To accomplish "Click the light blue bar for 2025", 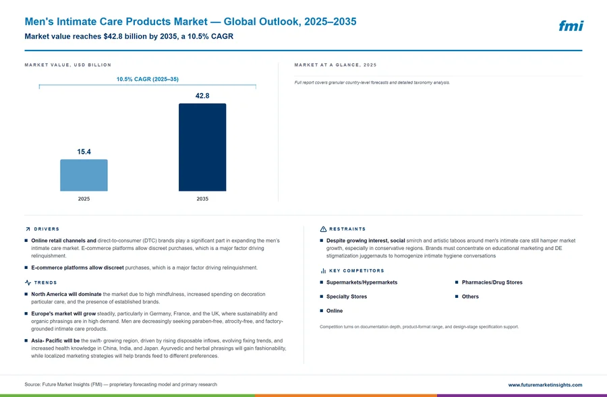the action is [x=84, y=175].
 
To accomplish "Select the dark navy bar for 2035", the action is [x=202, y=147].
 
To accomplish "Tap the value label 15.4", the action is [x=84, y=152].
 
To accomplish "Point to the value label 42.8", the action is [x=202, y=96].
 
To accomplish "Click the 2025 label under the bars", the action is [x=84, y=199].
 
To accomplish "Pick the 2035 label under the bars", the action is [x=202, y=199].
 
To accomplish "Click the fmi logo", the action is [x=571, y=26].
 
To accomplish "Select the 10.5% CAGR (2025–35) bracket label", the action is [x=148, y=79].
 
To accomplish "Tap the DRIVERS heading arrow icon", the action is [x=28, y=229].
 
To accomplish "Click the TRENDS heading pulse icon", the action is [x=28, y=283].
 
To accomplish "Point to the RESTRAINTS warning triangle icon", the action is [x=323, y=229].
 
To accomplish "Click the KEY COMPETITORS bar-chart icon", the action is [x=323, y=271].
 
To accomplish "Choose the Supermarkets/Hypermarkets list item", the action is [x=362, y=282].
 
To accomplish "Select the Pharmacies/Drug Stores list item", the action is [x=492, y=282].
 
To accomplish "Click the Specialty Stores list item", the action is [x=347, y=297].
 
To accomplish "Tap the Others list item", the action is [x=470, y=297].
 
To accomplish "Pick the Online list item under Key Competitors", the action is [x=335, y=311].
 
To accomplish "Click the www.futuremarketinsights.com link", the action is [x=545, y=385].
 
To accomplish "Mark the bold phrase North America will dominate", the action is [x=66, y=294].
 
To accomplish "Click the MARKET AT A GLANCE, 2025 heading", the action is [x=335, y=65].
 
